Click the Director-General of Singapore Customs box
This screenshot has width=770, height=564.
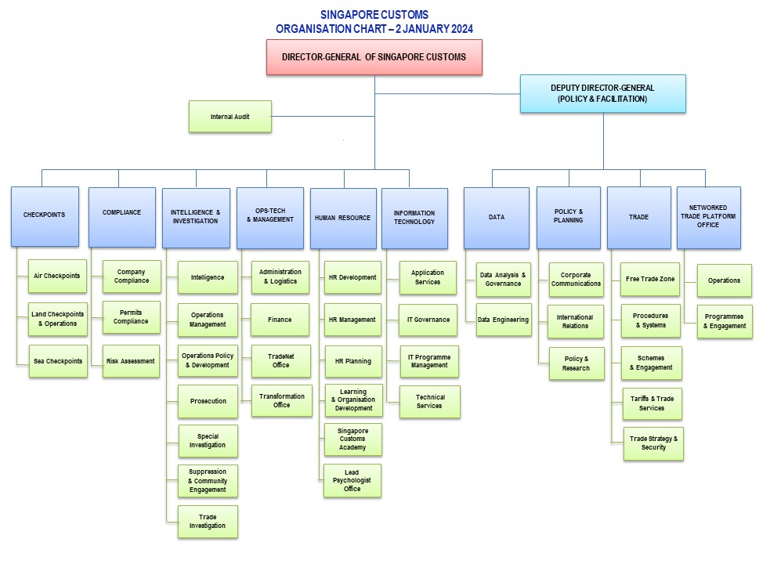pos(374,57)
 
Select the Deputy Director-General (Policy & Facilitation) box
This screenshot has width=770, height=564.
pos(602,94)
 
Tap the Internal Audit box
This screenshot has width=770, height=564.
pos(230,117)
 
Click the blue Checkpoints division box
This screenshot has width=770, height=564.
pos(45,216)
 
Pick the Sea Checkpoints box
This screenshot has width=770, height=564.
pos(57,361)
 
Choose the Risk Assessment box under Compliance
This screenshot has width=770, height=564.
pos(131,361)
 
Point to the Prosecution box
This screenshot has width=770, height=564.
pos(208,401)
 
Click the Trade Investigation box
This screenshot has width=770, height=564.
pos(208,522)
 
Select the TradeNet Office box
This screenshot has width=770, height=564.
pos(281,360)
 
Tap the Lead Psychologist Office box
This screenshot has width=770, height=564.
pos(352,481)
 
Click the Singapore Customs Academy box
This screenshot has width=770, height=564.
pos(352,439)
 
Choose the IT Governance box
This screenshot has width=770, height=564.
pos(428,320)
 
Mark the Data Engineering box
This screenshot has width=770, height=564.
pos(503,320)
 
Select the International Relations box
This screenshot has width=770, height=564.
pos(575,321)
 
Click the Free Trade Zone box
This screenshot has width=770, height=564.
pos(650,279)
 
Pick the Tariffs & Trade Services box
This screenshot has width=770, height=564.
pos(652,403)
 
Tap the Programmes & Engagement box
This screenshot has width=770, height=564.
pos(725,321)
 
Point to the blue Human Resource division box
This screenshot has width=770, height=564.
pos(342,218)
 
